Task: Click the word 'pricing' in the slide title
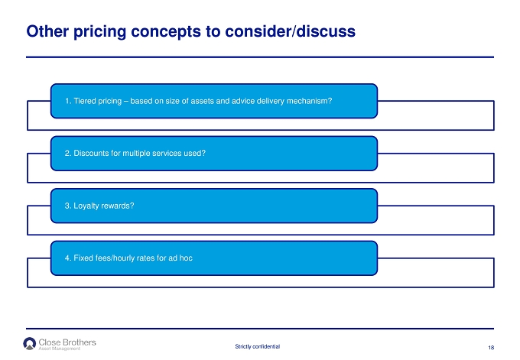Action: click(x=99, y=32)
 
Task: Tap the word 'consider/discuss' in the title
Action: click(x=290, y=31)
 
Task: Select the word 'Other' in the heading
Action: click(x=47, y=31)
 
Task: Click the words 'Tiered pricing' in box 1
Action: click(x=98, y=101)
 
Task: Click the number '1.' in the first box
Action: click(x=68, y=101)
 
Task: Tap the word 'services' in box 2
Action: click(x=167, y=153)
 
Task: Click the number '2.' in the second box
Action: click(x=68, y=153)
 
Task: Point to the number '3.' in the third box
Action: click(x=68, y=206)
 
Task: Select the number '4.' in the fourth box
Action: click(x=68, y=258)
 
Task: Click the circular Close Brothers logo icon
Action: click(x=30, y=343)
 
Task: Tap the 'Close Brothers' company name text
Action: click(x=67, y=342)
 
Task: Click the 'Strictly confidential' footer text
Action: click(x=258, y=346)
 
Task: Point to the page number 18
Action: click(x=491, y=348)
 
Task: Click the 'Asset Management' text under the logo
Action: click(x=60, y=349)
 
